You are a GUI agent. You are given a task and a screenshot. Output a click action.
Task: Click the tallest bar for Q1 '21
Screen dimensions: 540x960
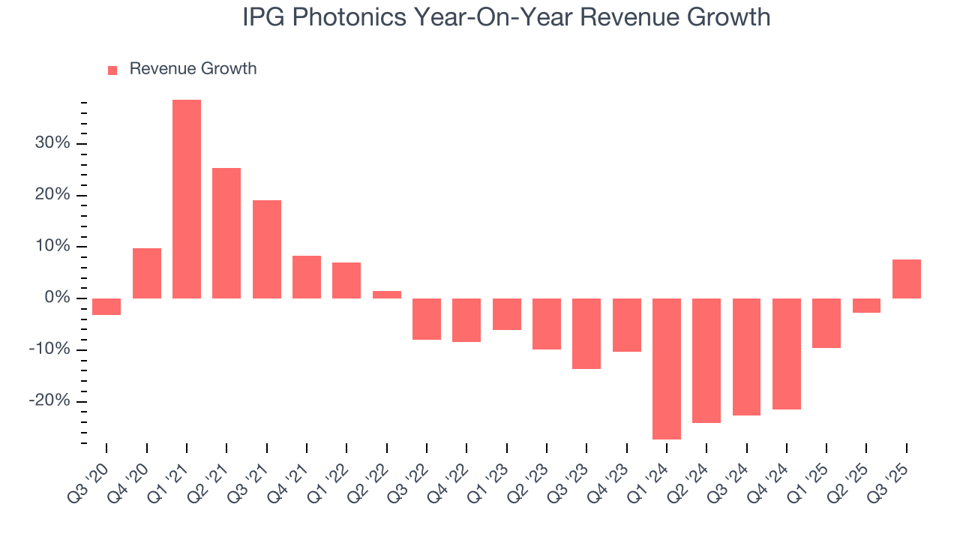click(x=187, y=199)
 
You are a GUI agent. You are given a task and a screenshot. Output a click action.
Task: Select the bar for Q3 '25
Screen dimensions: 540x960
click(x=906, y=279)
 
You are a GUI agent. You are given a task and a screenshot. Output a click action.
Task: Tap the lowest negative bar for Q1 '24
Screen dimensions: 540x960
click(x=667, y=369)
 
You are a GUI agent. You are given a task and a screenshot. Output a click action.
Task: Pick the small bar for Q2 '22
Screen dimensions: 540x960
click(x=387, y=295)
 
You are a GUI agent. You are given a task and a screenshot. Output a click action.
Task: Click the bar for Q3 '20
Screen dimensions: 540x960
click(x=106, y=307)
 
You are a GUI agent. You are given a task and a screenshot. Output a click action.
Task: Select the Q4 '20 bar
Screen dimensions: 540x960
click(x=147, y=273)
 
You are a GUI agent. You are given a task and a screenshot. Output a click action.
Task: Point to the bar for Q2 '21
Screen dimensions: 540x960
click(x=226, y=233)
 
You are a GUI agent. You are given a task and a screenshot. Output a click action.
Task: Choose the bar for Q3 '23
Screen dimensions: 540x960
click(x=586, y=334)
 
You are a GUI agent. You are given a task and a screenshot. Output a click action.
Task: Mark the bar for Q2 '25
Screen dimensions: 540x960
click(x=866, y=305)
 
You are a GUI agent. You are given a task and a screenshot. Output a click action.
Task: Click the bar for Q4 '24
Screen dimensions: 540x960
click(x=787, y=354)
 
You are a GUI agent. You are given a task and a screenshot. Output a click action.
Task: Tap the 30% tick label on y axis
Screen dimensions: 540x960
click(x=52, y=144)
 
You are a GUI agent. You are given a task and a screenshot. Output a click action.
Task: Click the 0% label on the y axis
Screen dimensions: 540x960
click(x=57, y=298)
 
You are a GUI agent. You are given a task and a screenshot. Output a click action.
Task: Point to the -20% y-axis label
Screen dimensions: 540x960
click(x=49, y=401)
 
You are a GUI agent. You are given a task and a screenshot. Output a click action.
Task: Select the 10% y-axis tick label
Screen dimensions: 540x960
click(x=52, y=247)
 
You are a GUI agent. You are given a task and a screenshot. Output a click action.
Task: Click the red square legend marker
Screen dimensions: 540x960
click(x=112, y=70)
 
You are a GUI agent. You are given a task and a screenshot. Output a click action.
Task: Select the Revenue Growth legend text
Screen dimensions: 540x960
click(x=193, y=69)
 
